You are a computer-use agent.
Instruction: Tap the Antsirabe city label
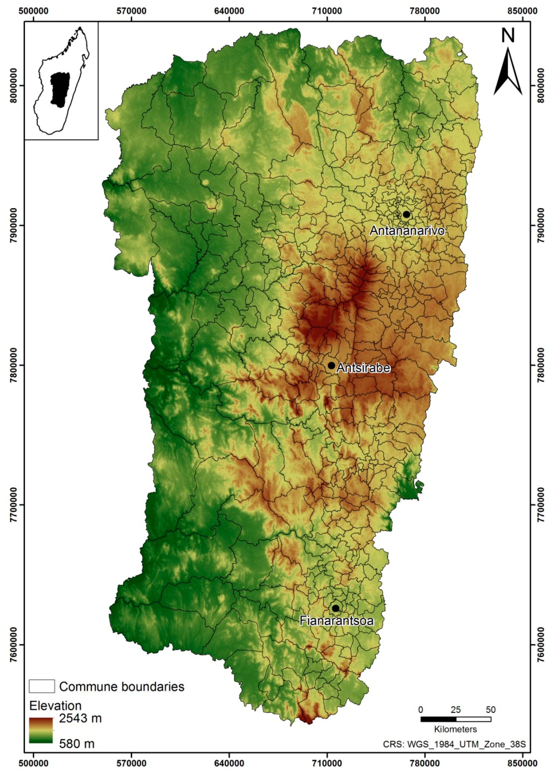point(363,368)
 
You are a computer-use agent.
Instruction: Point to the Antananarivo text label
point(407,231)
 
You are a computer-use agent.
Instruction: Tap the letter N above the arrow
point(508,36)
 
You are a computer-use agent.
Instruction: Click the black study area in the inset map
point(60,89)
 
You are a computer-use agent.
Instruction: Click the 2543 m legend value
point(80,718)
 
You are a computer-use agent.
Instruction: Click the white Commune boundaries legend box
point(42,686)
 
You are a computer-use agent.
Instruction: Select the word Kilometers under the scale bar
point(456,729)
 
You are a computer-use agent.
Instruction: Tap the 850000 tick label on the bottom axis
point(522,763)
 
